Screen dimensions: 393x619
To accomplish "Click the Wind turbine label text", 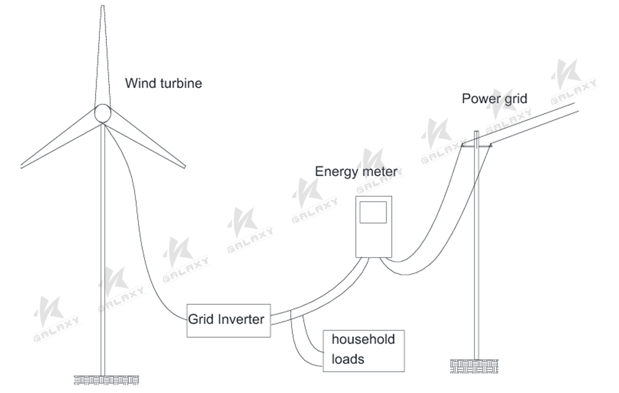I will pyautogui.click(x=163, y=84).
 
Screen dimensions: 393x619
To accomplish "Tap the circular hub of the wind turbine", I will pyautogui.click(x=102, y=114).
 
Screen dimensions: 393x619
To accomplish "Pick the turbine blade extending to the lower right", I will pyautogui.click(x=147, y=144).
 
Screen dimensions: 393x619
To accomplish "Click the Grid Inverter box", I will pyautogui.click(x=228, y=320).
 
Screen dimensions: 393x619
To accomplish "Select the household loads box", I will pyautogui.click(x=363, y=350).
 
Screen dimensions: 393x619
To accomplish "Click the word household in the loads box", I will pyautogui.click(x=363, y=340).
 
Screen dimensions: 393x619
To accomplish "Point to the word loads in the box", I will pyautogui.click(x=348, y=359).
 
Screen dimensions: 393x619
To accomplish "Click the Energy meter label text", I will pyautogui.click(x=356, y=172).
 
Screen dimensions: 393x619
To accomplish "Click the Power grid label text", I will pyautogui.click(x=494, y=99).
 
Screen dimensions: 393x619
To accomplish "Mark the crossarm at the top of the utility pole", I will pyautogui.click(x=476, y=146).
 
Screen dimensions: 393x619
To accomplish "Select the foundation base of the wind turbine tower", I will pyautogui.click(x=106, y=379).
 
